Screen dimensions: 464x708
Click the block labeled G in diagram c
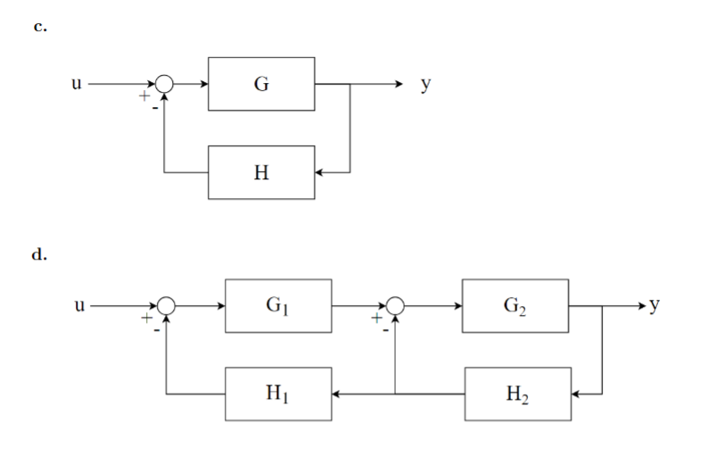[261, 84]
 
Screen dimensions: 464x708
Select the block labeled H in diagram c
[261, 171]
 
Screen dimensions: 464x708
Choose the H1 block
[278, 394]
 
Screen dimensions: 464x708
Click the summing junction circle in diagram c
[165, 84]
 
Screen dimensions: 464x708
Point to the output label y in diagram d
[655, 306]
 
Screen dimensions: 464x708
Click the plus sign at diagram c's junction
[143, 95]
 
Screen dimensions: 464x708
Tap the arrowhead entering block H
[321, 171]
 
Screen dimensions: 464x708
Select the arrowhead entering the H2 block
[575, 394]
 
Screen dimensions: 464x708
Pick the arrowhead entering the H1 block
[337, 394]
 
